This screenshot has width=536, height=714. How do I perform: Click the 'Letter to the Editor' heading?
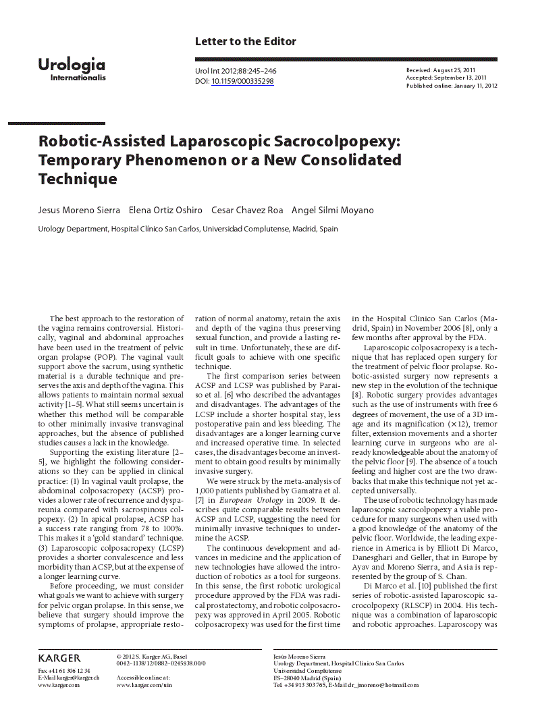[x=245, y=42]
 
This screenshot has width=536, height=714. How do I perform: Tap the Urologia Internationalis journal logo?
[x=72, y=69]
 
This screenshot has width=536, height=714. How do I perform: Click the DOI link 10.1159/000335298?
[x=242, y=82]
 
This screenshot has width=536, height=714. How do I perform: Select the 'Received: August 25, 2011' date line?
[x=441, y=70]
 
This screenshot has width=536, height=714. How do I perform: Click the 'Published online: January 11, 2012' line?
[x=452, y=86]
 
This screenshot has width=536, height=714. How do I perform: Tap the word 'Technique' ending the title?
[x=78, y=180]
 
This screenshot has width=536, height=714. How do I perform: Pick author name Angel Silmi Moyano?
[x=332, y=211]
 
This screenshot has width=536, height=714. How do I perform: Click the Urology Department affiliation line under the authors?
[x=188, y=229]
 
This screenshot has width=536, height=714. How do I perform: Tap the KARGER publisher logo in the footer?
[x=59, y=658]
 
